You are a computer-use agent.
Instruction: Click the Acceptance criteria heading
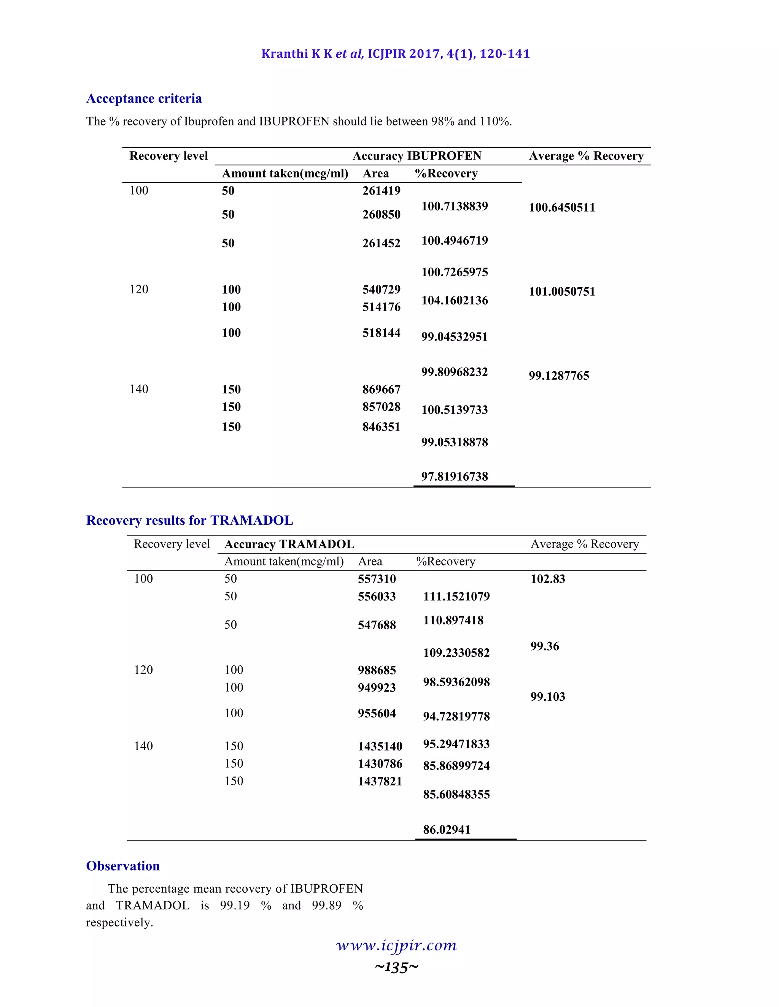(144, 99)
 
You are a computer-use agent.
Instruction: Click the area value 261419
(381, 190)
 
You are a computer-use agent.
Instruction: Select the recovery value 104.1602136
(455, 301)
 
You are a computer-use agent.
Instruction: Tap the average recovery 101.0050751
(562, 291)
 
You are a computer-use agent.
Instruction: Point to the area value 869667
(381, 389)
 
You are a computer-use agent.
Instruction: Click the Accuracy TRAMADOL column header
(289, 544)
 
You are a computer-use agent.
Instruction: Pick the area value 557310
(377, 579)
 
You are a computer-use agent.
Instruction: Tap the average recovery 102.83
(547, 579)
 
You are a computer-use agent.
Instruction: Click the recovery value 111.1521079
(456, 596)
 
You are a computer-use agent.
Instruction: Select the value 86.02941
(446, 830)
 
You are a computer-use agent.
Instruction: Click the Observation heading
(123, 866)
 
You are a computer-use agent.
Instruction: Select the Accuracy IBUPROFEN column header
(417, 156)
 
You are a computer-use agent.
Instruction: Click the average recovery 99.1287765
(559, 375)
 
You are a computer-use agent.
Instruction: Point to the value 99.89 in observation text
(326, 905)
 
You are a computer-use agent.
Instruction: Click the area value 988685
(377, 670)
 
